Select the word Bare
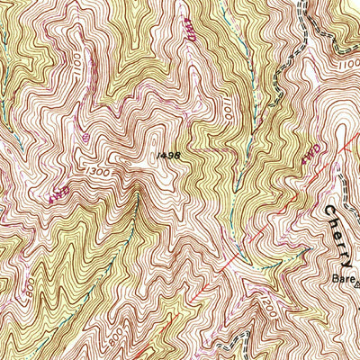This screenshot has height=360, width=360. pos(339,278)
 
